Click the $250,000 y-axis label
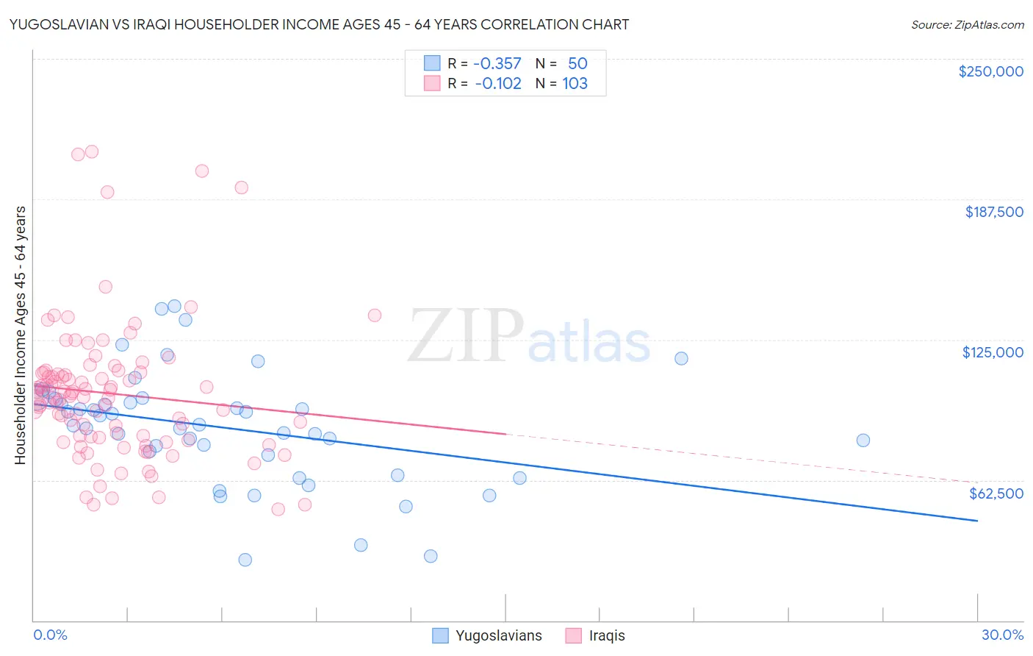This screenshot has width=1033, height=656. [990, 71]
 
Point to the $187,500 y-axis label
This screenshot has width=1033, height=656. [993, 212]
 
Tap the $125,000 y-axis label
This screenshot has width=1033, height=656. [993, 352]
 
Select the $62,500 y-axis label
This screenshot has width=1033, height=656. [996, 493]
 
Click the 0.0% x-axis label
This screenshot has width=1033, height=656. [50, 635]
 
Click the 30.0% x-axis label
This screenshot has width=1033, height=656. [1002, 635]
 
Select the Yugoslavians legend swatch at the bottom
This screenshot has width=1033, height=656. [440, 635]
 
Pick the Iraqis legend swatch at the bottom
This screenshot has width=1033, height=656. [573, 635]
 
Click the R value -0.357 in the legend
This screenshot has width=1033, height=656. [497, 63]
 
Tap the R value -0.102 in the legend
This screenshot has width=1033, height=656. [498, 83]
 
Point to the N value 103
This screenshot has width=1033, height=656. [575, 83]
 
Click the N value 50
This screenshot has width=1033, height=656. [577, 63]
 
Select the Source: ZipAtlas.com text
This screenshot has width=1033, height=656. [967, 24]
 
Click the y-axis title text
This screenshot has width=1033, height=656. [20, 335]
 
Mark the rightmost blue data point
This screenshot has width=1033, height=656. [863, 441]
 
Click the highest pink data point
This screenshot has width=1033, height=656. [92, 151]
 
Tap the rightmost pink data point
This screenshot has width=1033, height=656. [374, 315]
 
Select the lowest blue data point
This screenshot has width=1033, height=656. [245, 560]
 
